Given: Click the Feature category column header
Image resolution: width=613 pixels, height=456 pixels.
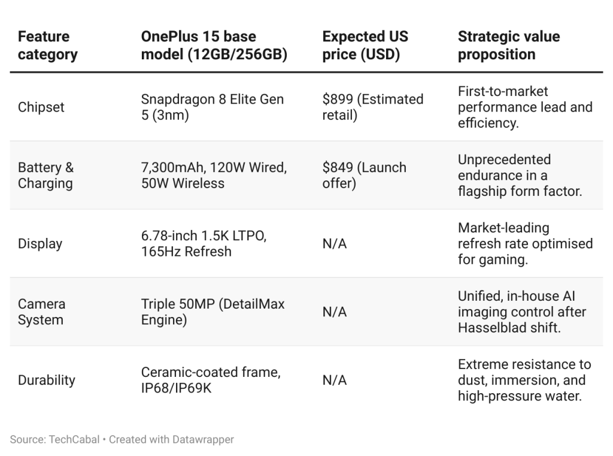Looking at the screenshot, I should click(x=48, y=46).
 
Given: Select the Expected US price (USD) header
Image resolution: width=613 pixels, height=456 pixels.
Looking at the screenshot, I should click(x=365, y=46).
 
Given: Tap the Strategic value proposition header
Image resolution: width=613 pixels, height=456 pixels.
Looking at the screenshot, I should click(x=509, y=46).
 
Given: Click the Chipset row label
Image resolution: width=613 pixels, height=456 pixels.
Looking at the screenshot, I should click(x=41, y=107).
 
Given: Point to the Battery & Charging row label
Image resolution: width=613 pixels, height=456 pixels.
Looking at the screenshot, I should click(x=46, y=176).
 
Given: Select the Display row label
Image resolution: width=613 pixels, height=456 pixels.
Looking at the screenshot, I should click(x=40, y=244).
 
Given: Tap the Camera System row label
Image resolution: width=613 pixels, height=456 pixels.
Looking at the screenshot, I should click(x=42, y=312).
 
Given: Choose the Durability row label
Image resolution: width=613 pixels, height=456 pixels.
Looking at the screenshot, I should click(x=47, y=380).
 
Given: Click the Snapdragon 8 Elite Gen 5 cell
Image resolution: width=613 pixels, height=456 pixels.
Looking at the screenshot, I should click(x=213, y=107).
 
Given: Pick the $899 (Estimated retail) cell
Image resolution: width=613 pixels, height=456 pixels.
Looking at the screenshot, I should click(x=372, y=107).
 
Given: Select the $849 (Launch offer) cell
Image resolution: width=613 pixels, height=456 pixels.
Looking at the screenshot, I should click(x=364, y=176).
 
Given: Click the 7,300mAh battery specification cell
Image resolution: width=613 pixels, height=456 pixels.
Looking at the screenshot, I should click(x=214, y=176).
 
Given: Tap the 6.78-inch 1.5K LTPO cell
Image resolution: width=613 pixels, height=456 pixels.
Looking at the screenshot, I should click(x=204, y=244).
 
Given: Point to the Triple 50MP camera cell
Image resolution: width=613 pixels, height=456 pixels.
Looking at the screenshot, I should click(x=213, y=312).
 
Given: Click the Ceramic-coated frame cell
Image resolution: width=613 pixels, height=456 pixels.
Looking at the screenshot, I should click(x=210, y=380).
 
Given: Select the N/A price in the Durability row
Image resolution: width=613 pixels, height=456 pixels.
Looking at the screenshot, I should click(x=334, y=380).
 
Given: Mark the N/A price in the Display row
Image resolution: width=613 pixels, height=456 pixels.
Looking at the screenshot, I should click(x=334, y=244).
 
